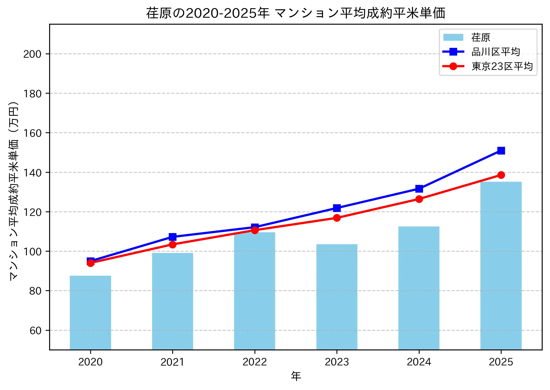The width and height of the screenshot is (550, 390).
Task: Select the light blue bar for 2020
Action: click(90, 312)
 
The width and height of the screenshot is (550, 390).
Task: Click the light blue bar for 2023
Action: click(337, 297)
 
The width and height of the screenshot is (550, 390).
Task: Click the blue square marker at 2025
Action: click(501, 151)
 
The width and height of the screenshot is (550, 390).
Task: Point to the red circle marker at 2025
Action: click(501, 175)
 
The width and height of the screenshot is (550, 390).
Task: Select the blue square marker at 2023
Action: click(337, 208)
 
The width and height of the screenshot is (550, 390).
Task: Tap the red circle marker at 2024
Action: click(419, 199)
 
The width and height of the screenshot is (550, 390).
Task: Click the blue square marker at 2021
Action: click(172, 237)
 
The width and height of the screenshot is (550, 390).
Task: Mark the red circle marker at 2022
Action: click(255, 230)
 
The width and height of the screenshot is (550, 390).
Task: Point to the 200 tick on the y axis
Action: click(32, 54)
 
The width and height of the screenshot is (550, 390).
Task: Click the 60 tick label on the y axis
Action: click(35, 331)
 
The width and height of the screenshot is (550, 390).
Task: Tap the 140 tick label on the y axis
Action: click(32, 173)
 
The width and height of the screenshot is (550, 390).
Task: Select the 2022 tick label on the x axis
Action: click(255, 362)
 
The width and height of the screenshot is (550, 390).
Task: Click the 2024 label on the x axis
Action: click(419, 362)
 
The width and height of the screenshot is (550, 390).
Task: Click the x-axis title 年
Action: click(296, 376)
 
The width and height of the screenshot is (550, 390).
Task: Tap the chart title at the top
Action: click(296, 13)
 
